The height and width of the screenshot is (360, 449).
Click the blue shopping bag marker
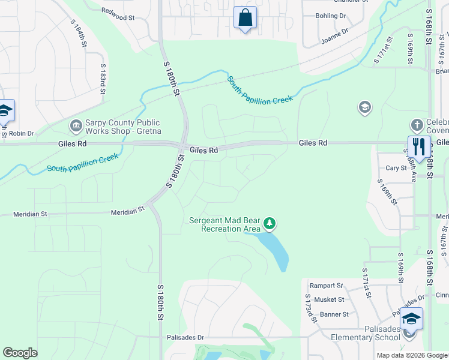pyautogui.click(x=245, y=18)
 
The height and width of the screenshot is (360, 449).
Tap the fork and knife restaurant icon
pyautogui.click(x=418, y=146)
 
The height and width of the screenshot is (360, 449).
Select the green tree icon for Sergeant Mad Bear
pyautogui.click(x=270, y=224)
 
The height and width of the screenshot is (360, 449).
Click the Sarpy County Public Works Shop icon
pyautogui.click(x=76, y=126)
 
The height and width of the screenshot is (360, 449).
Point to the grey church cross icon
pyautogui.click(x=417, y=125)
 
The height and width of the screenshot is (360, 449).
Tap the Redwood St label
pyautogui.click(x=118, y=14)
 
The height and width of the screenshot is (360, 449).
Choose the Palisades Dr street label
pyautogui.click(x=185, y=338)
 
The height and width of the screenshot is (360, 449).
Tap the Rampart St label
pyautogui.click(x=326, y=286)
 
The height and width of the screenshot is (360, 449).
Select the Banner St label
pyautogui.click(x=334, y=314)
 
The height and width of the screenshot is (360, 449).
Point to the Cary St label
pyautogui.click(x=396, y=169)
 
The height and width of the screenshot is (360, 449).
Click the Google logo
pyautogui.click(x=20, y=353)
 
